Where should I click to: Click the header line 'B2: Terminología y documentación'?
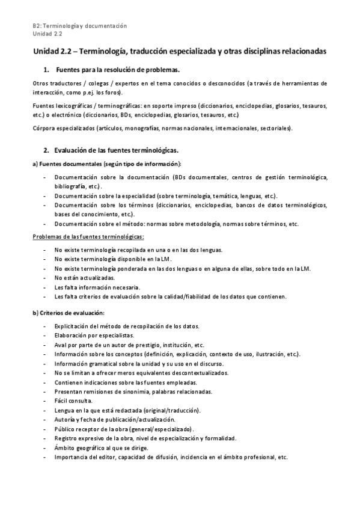(80, 26)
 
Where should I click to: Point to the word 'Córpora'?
(45, 127)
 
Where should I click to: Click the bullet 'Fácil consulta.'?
(73, 401)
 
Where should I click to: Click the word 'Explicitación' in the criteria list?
(73, 326)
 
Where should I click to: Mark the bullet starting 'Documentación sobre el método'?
(176, 223)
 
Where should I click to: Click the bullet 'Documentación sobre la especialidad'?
(165, 196)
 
